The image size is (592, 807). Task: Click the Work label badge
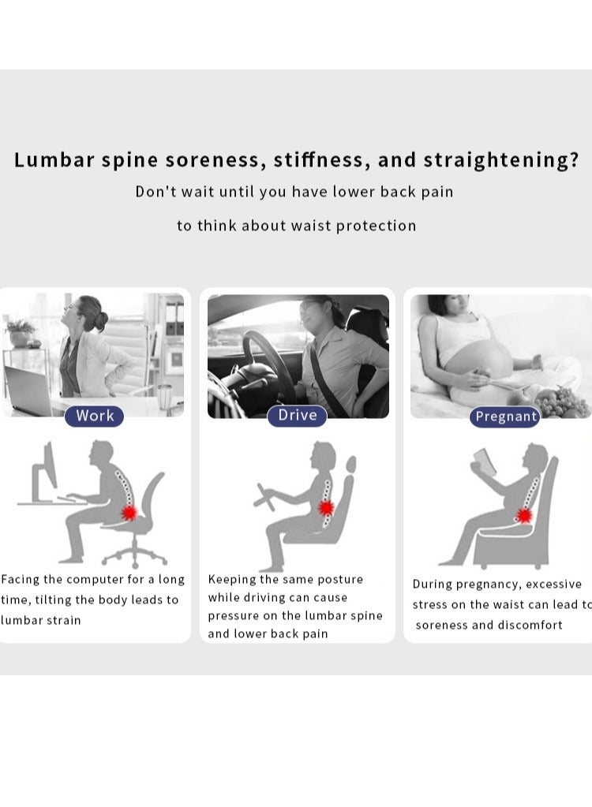pyautogui.click(x=94, y=416)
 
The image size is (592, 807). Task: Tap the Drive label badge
pyautogui.click(x=297, y=416)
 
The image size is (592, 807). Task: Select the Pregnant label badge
pyautogui.click(x=505, y=417)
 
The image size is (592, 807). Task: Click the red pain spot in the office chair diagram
pyautogui.click(x=129, y=513)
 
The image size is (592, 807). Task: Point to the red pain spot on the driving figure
pyautogui.click(x=326, y=507)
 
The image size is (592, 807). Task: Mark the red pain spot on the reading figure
pyautogui.click(x=523, y=515)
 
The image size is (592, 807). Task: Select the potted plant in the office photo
pyautogui.click(x=20, y=333)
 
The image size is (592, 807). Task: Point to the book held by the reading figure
pyautogui.click(x=484, y=461)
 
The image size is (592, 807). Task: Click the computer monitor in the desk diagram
pyautogui.click(x=45, y=471)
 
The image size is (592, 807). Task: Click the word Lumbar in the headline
pyautogui.click(x=54, y=159)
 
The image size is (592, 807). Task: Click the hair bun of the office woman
pyautogui.click(x=101, y=320)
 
